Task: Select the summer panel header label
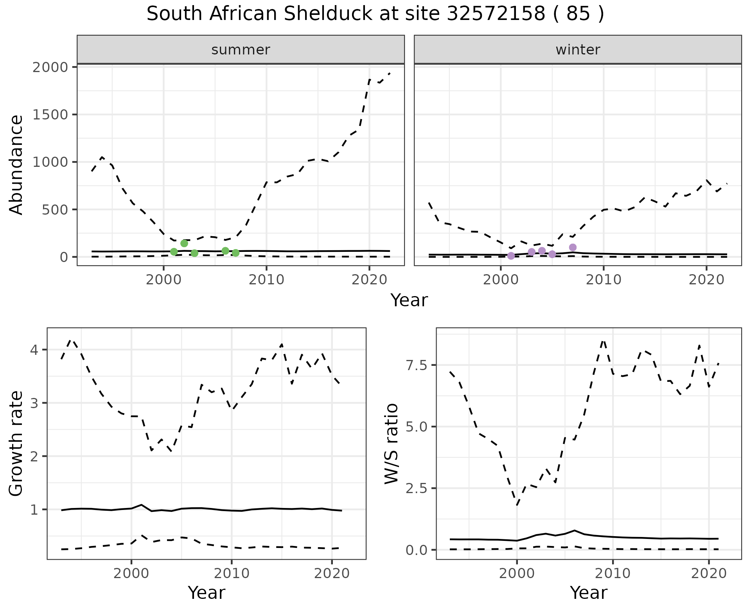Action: [241, 50]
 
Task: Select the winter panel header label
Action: [578, 50]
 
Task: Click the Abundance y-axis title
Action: [16, 164]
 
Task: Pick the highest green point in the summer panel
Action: [184, 243]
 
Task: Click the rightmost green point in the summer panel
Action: [235, 253]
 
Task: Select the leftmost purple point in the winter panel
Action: [511, 256]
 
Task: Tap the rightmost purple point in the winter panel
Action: [573, 247]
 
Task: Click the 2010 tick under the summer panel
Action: [266, 280]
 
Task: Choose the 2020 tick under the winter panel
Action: [706, 280]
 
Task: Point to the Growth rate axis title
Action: [16, 443]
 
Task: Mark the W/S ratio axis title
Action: [391, 443]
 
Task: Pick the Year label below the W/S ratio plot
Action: [588, 593]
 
